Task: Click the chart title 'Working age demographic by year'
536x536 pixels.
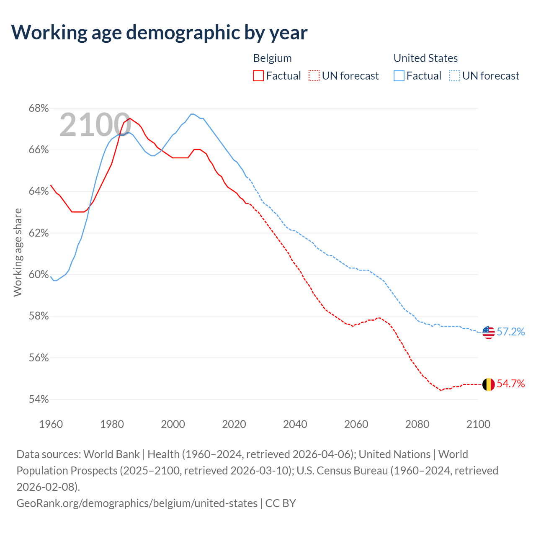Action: click(x=159, y=32)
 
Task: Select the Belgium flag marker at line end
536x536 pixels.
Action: click(x=488, y=384)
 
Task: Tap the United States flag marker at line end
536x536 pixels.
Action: click(x=488, y=332)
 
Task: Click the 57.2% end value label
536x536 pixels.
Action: click(x=510, y=332)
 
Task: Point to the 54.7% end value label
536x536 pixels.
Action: click(x=510, y=384)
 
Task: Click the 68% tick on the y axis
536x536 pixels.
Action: click(x=39, y=108)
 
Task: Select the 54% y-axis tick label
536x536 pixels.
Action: click(x=39, y=399)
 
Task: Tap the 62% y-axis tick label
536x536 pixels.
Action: click(x=39, y=233)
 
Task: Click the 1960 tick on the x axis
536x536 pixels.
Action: click(x=51, y=424)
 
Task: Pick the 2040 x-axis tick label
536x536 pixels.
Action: click(x=295, y=424)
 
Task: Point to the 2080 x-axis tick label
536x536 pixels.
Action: click(x=417, y=424)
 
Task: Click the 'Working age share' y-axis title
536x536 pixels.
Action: click(x=18, y=253)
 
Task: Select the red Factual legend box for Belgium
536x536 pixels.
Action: click(x=258, y=76)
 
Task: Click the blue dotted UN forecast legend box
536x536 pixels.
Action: click(x=455, y=76)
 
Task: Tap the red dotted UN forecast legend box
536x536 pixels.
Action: click(x=314, y=76)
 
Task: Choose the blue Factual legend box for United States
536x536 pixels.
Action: click(x=399, y=76)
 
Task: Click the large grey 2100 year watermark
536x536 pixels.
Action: click(x=95, y=125)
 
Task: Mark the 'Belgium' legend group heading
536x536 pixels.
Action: click(x=272, y=58)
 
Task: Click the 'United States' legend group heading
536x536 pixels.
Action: click(x=425, y=58)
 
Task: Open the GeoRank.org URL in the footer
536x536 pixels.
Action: click(x=137, y=503)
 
